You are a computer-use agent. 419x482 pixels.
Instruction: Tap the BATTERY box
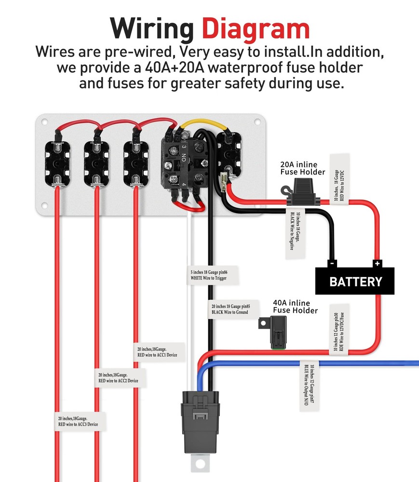tap(355, 281)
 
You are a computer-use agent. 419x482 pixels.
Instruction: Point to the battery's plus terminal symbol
tap(377, 263)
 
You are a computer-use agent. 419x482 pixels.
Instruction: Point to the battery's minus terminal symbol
tap(332, 263)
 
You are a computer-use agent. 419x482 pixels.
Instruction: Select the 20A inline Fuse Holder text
tap(302, 168)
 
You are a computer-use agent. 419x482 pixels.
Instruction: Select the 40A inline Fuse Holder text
tap(295, 307)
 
